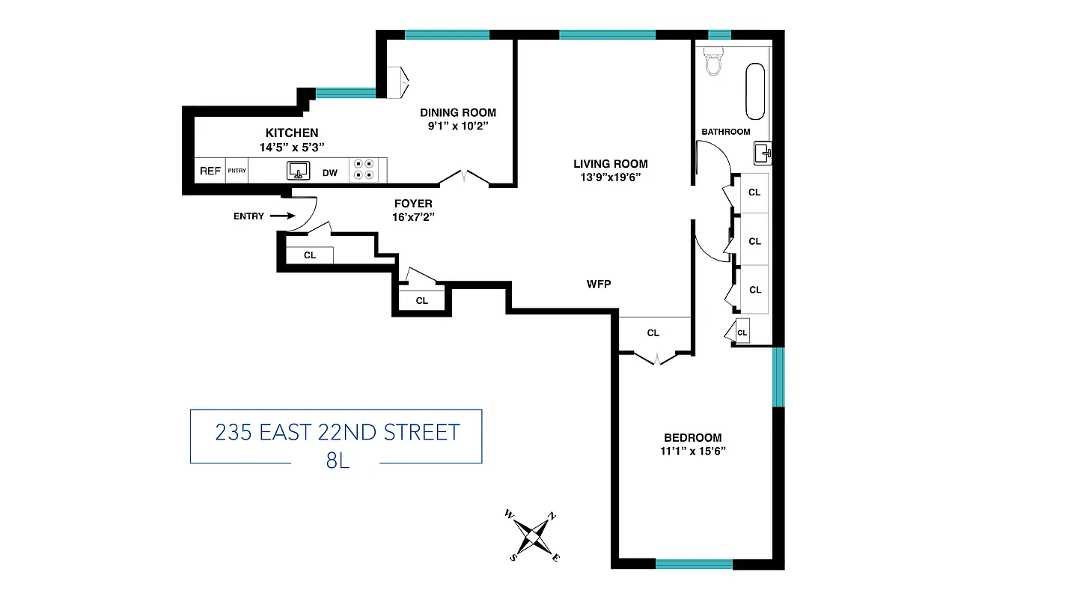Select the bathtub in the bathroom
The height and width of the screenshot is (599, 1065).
(754, 91)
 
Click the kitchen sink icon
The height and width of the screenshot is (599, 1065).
(298, 171)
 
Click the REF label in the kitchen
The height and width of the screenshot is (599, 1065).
(210, 171)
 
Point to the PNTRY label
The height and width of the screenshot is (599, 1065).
(237, 171)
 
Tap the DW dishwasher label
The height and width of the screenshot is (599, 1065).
(329, 173)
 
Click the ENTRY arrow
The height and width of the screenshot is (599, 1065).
(281, 216)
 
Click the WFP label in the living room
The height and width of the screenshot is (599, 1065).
(599, 284)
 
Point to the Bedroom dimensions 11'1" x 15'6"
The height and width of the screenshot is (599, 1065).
(693, 451)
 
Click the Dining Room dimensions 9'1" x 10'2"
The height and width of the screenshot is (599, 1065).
(457, 126)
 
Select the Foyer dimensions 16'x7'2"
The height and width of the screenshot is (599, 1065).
(412, 216)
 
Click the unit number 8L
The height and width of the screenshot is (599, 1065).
(338, 460)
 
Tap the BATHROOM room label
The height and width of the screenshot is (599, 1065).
(725, 132)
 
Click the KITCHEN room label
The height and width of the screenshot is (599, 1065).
(292, 133)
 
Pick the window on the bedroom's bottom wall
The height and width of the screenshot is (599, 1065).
(694, 564)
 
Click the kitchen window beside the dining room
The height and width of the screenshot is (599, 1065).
(345, 94)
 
